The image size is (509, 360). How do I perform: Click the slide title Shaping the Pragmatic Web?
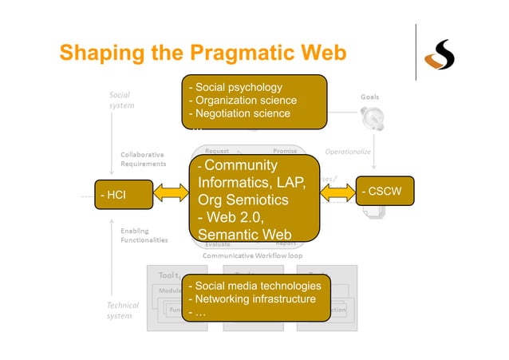(203, 53)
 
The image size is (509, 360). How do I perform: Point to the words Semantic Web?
(236, 234)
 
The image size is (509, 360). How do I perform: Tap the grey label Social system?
(122, 99)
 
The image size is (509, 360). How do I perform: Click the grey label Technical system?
(123, 310)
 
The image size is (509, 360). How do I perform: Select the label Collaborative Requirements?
(144, 158)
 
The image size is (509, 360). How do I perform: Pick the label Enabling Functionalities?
(144, 235)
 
